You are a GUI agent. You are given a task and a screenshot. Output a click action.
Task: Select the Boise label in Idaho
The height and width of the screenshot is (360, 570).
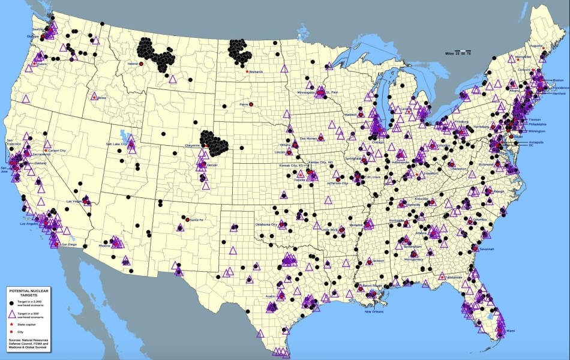click(x=101, y=98)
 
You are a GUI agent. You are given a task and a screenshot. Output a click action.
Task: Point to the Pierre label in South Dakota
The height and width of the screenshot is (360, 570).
click(x=244, y=104)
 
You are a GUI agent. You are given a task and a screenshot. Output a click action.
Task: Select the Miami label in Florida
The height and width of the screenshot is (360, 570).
click(x=510, y=331)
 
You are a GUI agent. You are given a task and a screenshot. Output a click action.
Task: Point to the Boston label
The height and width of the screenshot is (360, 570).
click(x=558, y=80)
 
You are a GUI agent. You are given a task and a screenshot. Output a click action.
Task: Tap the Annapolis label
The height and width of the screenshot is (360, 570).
click(x=535, y=142)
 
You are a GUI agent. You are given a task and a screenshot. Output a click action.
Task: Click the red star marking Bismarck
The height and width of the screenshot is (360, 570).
click(x=247, y=72)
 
